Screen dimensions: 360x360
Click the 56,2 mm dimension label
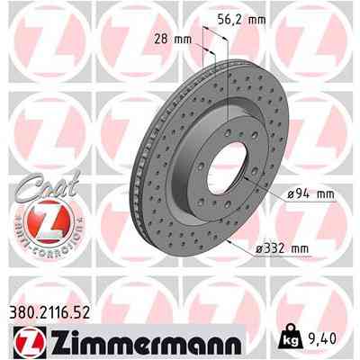245,15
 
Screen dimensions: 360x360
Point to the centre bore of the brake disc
205,154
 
